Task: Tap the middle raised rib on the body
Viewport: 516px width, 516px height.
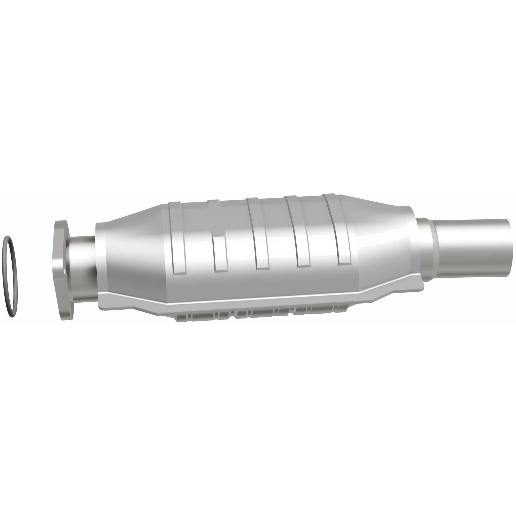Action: pos(256,240)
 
